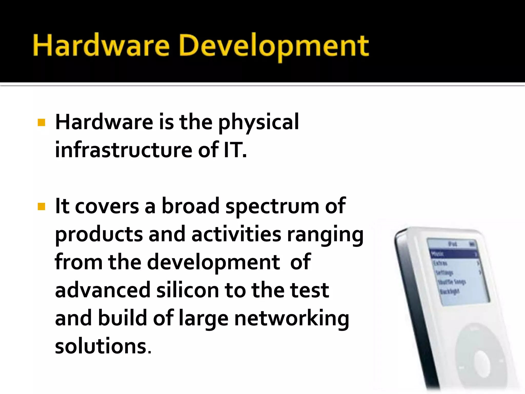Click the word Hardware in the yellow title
[101, 46]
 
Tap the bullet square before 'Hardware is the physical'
[41, 123]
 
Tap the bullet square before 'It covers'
[41, 206]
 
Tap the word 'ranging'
[325, 235]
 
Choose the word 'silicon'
[188, 290]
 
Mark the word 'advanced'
[103, 290]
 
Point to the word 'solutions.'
[103, 346]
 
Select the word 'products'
[99, 235]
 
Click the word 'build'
[122, 318]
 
